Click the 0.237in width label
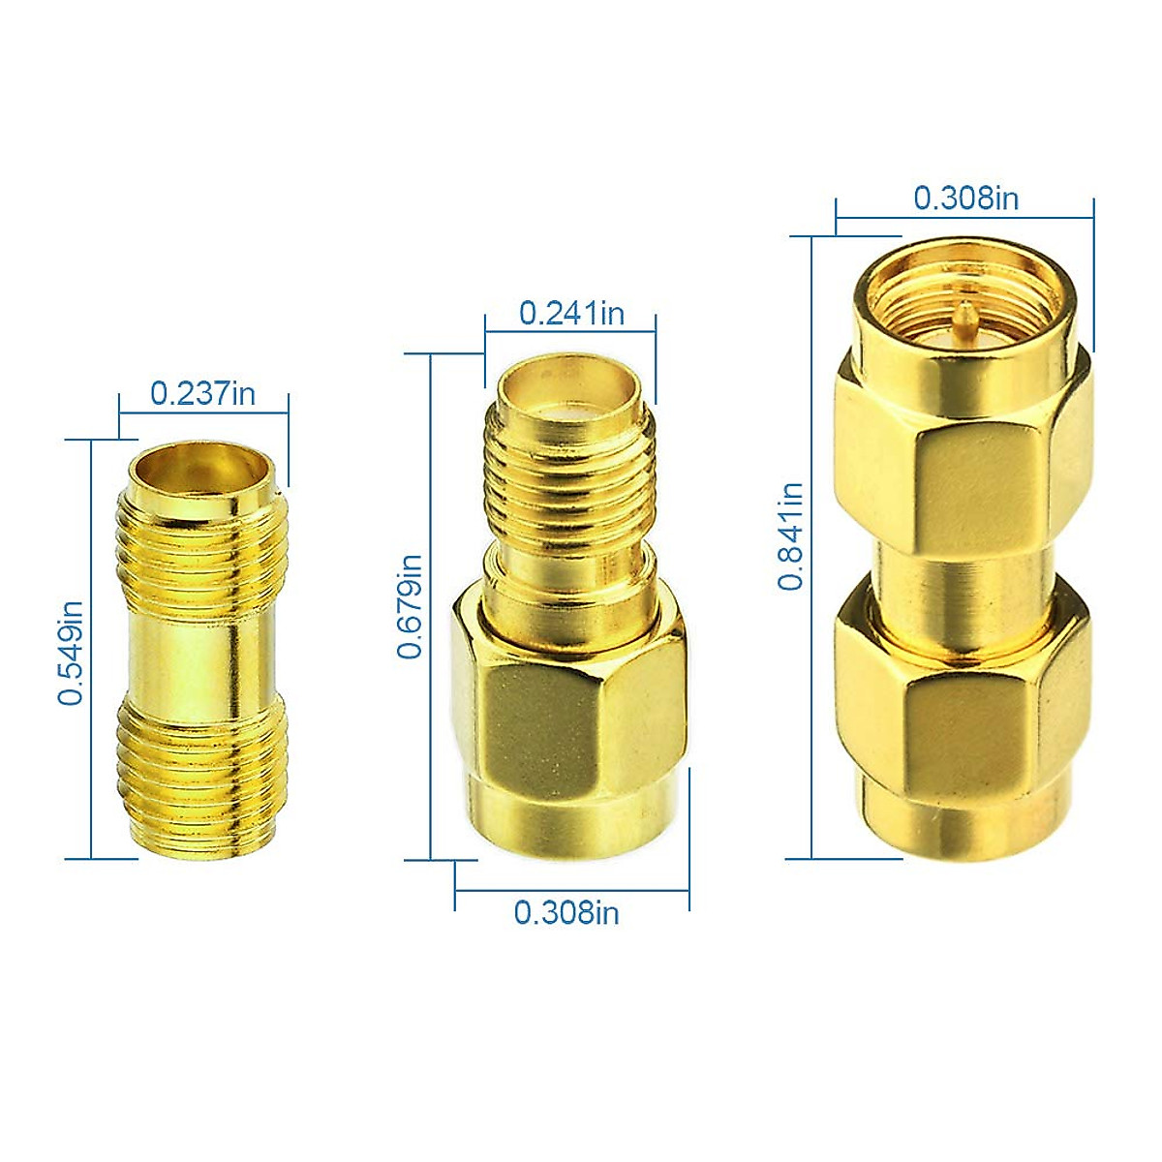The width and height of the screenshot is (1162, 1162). point(202,393)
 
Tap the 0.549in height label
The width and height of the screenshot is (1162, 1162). point(71,652)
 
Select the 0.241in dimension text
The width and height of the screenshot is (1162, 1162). point(571,313)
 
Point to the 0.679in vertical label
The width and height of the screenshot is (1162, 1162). point(410,606)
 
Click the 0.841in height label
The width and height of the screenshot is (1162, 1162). point(791,535)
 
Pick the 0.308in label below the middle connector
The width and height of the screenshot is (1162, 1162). point(566,912)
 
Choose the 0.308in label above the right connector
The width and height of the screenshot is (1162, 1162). point(965,198)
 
